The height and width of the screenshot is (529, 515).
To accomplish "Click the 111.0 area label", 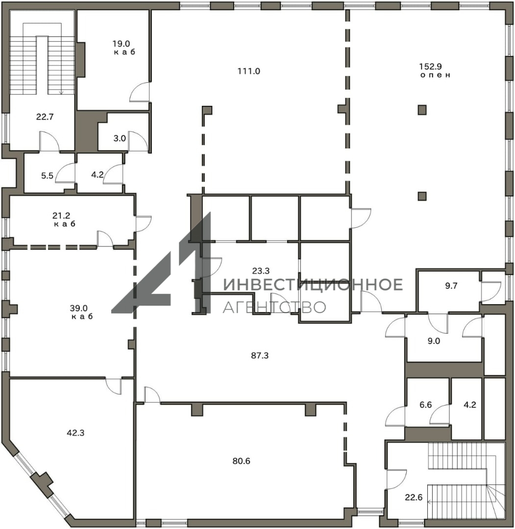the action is click(x=249, y=71).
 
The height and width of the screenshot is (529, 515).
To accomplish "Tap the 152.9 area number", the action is click(x=430, y=67).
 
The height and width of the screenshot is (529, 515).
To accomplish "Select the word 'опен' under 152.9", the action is click(x=435, y=75).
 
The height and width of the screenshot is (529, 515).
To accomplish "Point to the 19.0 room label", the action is click(x=121, y=44).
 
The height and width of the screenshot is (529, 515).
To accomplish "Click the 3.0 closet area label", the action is click(x=120, y=138).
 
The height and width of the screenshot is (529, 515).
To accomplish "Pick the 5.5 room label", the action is click(x=47, y=175).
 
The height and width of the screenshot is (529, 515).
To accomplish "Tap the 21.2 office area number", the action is click(x=61, y=215).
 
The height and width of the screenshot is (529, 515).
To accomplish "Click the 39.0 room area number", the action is click(x=78, y=308).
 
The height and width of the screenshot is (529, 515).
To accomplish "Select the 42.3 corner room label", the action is click(x=75, y=433).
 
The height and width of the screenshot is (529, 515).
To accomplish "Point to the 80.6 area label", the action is click(x=241, y=460).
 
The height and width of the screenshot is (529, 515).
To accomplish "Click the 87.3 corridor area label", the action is click(x=260, y=355).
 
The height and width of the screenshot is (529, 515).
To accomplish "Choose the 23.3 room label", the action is click(x=261, y=270).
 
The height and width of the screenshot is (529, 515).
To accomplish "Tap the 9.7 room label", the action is click(x=451, y=286).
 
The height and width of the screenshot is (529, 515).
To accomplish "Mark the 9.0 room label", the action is click(x=434, y=341).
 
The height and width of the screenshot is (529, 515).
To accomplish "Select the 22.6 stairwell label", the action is click(x=414, y=497).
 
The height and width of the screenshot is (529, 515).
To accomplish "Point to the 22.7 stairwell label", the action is click(x=45, y=117).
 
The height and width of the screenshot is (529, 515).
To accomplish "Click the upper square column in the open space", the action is click(x=422, y=110).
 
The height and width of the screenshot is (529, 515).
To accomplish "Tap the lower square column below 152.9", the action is click(x=422, y=196).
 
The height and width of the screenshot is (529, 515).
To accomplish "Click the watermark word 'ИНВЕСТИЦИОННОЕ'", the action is click(x=313, y=285).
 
